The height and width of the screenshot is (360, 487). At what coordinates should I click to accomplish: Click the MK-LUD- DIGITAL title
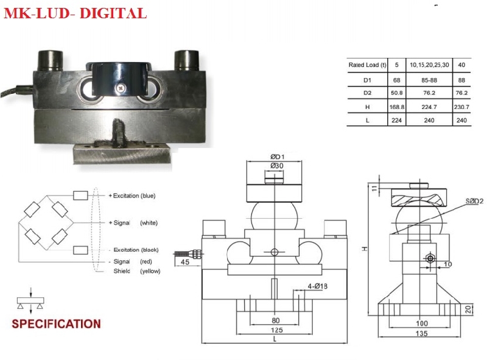click(75, 13)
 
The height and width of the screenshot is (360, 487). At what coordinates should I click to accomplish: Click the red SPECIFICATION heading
click(57, 323)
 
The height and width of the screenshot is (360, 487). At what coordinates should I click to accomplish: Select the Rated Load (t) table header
click(367, 65)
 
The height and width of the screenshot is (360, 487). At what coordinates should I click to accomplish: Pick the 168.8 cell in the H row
click(397, 107)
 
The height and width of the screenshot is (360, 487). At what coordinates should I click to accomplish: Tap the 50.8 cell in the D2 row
click(397, 93)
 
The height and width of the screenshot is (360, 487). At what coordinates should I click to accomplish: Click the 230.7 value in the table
click(462, 107)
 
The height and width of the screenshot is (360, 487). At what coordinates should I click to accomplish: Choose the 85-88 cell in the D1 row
click(429, 79)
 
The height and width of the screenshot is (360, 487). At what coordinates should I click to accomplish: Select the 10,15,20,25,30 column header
click(429, 65)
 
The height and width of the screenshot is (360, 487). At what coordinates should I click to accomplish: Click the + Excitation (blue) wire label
click(133, 196)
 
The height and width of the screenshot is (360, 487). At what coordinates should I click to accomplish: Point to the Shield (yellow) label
click(136, 271)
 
